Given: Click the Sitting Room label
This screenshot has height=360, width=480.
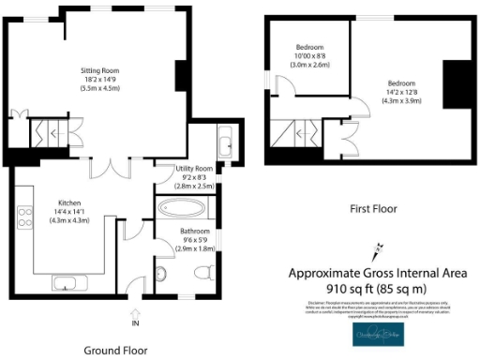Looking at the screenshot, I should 97,69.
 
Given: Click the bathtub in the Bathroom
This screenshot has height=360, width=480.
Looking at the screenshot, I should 184,208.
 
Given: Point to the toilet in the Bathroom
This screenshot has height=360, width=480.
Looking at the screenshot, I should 201,273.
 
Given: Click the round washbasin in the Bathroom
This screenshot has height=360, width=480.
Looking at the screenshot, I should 160,274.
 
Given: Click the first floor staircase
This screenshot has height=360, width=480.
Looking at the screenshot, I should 298,136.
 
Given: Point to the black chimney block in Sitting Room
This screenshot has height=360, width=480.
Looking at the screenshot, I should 180,75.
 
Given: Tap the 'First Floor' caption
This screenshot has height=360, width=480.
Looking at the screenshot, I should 373,209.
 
